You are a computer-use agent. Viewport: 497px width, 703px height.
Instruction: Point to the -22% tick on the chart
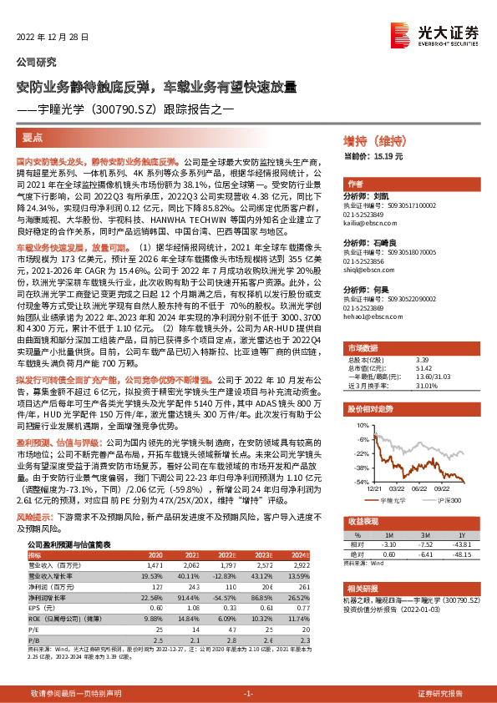[362, 454]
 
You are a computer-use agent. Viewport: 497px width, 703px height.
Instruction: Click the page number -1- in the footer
[248, 694]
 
